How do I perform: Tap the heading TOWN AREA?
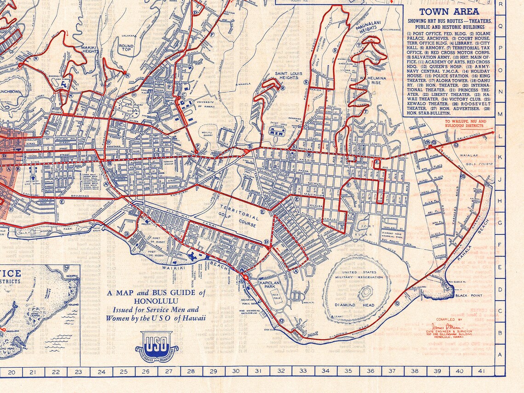[x=449, y=11]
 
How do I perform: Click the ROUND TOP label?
[x=126, y=48]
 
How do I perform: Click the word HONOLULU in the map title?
[x=156, y=301]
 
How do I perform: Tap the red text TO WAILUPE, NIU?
[x=465, y=122]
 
